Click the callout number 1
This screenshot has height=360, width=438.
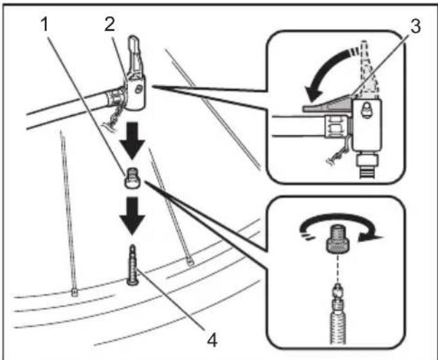45,24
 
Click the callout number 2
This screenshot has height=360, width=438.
110,24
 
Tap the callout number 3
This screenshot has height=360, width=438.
416,26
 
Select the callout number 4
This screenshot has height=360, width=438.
212,340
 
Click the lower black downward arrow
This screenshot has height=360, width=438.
132,216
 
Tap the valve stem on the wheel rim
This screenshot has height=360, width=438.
132,265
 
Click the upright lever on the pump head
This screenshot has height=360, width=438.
134,57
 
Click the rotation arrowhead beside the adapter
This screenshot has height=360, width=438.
370,237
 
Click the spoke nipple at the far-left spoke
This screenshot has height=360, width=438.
74,293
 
